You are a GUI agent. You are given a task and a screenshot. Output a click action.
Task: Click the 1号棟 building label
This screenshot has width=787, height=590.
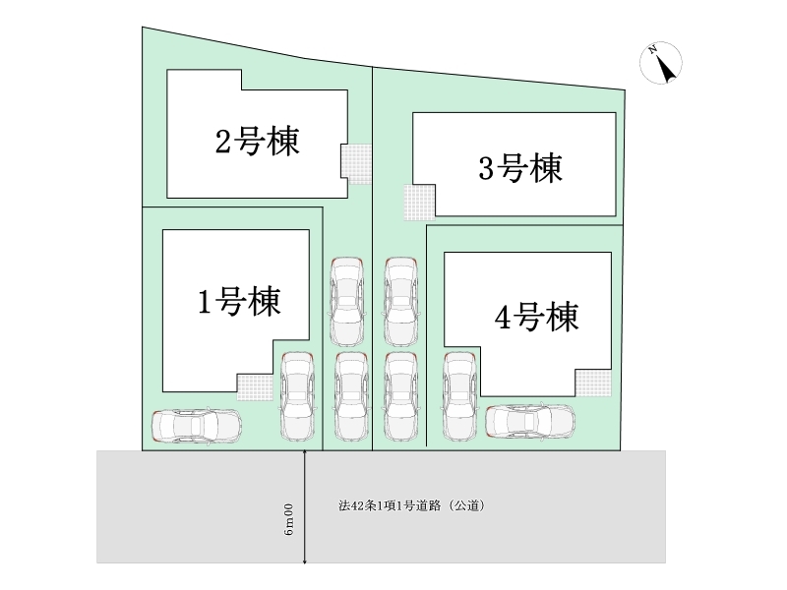click(x=239, y=302)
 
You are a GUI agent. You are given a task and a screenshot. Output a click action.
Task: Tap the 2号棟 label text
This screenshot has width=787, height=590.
click(x=258, y=141)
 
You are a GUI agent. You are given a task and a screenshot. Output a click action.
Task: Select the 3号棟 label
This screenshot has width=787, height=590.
click(x=520, y=168)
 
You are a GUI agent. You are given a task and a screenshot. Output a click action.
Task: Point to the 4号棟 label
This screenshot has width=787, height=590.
click(x=536, y=317)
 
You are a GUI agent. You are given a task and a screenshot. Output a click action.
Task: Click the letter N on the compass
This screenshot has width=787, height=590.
click(x=652, y=50)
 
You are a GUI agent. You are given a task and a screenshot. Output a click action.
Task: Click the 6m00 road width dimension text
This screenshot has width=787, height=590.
click(x=288, y=519)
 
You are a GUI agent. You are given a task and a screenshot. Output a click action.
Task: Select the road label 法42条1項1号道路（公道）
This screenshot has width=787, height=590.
click(x=411, y=505)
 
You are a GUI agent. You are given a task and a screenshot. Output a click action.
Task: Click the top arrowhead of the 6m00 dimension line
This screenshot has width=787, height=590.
click(x=305, y=452)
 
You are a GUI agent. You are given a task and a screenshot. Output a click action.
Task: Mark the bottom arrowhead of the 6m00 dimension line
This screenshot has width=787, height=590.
click(x=305, y=560)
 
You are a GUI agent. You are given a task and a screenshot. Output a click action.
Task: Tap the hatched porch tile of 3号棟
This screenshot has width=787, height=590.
click(x=420, y=203)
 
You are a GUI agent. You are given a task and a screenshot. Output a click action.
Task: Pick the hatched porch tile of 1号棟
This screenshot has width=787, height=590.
click(x=255, y=386)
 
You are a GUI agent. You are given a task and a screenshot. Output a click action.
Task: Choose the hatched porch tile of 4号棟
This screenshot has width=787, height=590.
click(x=594, y=383)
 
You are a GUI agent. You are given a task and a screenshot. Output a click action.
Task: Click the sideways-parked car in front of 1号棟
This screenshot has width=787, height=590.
click(x=197, y=427)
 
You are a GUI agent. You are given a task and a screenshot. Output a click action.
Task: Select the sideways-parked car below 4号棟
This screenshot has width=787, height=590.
click(x=530, y=421)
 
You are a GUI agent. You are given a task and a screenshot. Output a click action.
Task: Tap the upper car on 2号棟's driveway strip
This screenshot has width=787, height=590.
click(x=347, y=302)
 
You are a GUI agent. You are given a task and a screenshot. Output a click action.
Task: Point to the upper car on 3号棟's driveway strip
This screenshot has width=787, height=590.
click(x=401, y=302)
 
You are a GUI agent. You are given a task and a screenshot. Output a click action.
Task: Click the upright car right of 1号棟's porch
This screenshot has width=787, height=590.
click(x=297, y=397)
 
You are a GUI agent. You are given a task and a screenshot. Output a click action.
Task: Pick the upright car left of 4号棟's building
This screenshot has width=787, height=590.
click(x=459, y=397)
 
